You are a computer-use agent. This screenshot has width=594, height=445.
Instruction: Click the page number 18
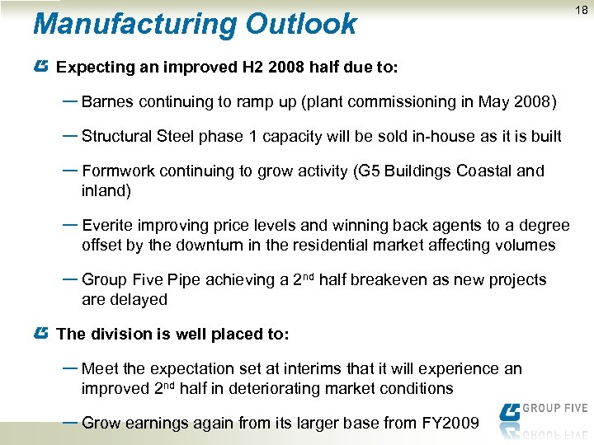click(582, 10)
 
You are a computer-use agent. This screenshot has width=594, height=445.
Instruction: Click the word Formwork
click(116, 171)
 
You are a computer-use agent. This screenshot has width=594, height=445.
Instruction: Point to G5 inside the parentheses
click(368, 171)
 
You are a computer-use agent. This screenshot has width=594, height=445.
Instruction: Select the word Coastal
click(481, 171)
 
